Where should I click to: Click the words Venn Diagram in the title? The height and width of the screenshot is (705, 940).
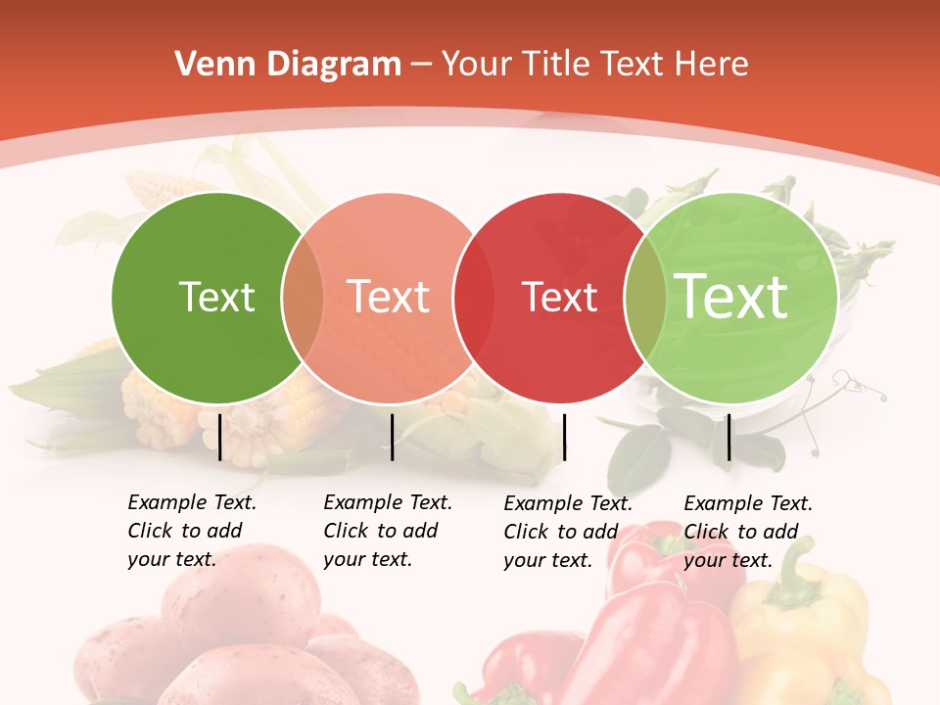288,65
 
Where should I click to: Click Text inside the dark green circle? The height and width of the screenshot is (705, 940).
216,297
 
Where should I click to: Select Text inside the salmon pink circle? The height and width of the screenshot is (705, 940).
389,297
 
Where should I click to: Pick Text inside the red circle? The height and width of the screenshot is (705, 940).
560,297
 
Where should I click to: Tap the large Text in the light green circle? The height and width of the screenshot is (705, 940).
731,296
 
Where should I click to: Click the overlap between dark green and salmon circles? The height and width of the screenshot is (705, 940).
303,298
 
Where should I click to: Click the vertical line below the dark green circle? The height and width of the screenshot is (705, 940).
220,437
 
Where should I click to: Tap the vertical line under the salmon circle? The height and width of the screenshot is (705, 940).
392,437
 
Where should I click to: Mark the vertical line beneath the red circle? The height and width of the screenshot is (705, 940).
564,437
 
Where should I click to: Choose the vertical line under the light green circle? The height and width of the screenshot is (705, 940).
729,437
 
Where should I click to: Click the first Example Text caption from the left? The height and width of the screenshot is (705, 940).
192,531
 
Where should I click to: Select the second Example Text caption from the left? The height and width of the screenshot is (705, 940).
388,531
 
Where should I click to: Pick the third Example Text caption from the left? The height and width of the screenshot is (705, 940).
568,532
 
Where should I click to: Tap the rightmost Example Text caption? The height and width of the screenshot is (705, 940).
748,532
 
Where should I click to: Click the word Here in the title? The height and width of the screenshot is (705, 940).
714,65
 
